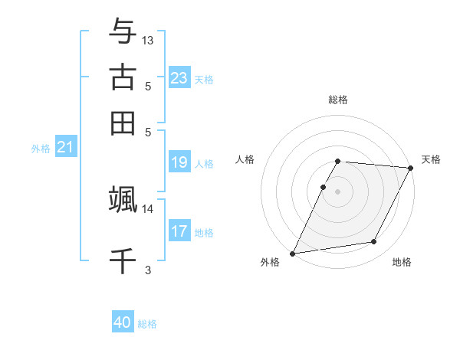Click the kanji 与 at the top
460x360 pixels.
pos(123,32)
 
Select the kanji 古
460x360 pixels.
pos(123,77)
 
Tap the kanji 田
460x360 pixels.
pos(123,123)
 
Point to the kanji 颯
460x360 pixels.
pos(123,199)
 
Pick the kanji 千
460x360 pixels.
pos(123,260)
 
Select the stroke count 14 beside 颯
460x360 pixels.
pos(148,208)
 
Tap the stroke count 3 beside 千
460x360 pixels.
pos(148,270)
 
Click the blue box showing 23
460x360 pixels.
pos(179,78)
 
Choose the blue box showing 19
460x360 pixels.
pos(179,162)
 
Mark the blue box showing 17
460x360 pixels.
pos(179,231)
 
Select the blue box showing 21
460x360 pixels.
pos(64,147)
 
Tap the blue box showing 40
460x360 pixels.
pos(123,322)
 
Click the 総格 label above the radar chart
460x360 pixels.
pos(338,100)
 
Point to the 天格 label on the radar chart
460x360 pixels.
pos(431,159)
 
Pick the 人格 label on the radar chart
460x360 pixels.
pos(245,159)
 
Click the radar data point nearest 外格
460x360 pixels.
pos(292,254)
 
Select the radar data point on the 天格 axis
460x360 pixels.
pos(411,168)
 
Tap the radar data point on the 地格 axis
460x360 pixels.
pos(374,242)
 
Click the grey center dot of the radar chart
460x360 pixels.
pos(338,191)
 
